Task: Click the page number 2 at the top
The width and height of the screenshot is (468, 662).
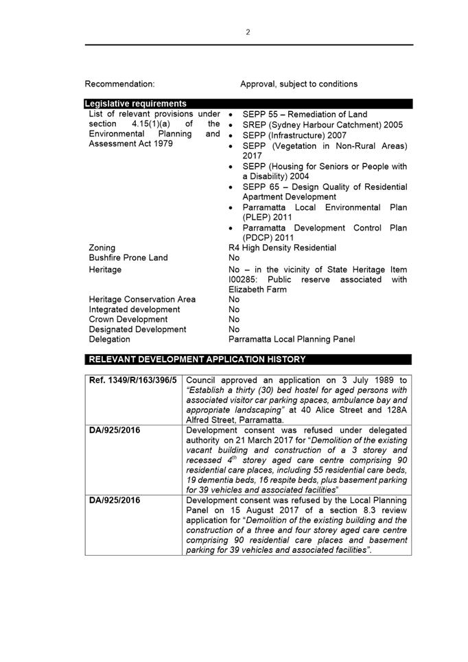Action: coord(248,32)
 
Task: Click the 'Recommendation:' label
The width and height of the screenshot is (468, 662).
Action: coord(119,84)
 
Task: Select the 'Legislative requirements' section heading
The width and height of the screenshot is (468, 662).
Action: coord(135,104)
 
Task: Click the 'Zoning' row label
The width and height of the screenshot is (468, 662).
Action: coord(102,248)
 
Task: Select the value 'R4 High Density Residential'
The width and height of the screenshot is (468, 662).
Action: coord(282,248)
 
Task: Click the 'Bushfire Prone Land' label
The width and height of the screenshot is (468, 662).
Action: coord(128,258)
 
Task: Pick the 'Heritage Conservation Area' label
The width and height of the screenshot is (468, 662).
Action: coord(142,299)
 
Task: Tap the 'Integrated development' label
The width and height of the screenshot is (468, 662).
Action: coord(134,309)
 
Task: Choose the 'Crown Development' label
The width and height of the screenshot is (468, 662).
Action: coord(128,319)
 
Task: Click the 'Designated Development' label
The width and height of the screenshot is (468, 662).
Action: coord(137,329)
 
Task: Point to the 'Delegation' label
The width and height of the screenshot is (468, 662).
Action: coord(109,339)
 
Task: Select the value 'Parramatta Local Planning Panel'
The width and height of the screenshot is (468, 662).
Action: coord(292,339)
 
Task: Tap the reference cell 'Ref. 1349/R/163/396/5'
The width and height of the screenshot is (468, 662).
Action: coord(133,380)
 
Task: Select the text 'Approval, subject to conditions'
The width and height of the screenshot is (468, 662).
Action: coord(299,84)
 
